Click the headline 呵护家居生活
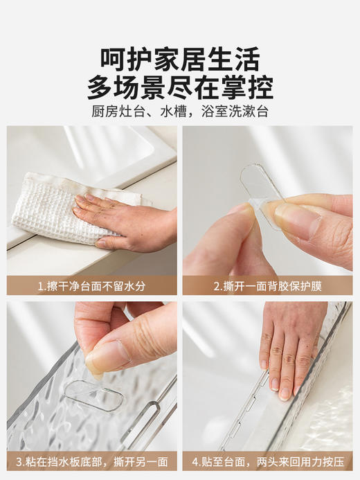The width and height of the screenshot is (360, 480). pos(180,57)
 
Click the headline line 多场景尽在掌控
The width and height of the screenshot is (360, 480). pos(180,87)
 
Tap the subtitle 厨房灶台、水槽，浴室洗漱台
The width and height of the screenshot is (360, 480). pos(180,112)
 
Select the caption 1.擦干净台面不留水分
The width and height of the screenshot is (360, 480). pos(92,285)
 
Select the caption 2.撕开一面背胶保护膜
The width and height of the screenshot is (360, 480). pos(268,285)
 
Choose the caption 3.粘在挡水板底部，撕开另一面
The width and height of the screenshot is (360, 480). pos(92,461)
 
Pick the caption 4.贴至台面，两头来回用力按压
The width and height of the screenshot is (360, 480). pos(268,461)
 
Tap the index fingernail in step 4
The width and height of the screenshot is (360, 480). pos(285,393)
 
